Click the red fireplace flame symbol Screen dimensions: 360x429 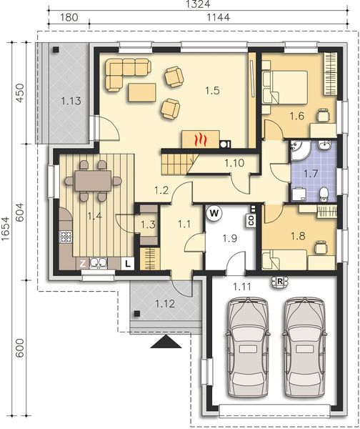click(201, 139)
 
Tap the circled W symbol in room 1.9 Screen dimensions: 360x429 click(214, 213)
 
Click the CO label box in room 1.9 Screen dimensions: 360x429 click(251, 220)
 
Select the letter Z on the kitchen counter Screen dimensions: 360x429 click(83, 263)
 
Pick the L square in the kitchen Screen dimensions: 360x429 click(128, 264)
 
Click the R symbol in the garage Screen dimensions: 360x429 click(279, 282)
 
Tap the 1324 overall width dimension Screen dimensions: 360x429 click(198, 4)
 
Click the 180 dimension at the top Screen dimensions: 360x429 click(69, 17)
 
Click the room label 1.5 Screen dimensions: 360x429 click(212, 91)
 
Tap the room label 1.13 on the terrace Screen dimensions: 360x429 click(71, 101)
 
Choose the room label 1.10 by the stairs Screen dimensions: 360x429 click(234, 163)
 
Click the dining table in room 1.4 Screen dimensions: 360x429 click(93, 181)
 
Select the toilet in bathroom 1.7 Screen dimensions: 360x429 click(324, 194)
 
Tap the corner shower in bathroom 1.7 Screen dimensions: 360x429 click(300, 150)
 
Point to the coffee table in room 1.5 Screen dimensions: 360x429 click(141, 93)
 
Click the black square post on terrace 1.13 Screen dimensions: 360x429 click(56, 49)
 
